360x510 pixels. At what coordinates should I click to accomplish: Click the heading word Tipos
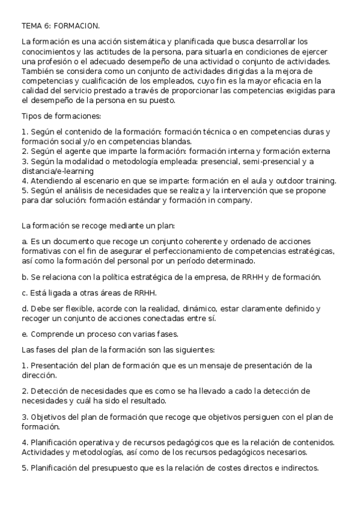[x=31, y=115]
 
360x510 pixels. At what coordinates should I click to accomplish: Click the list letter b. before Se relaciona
[x=25, y=277]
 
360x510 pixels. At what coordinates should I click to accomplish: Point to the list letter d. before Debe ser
[x=25, y=308]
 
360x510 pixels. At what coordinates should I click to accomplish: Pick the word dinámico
[x=199, y=308]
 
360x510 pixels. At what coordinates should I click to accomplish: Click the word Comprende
[x=52, y=334]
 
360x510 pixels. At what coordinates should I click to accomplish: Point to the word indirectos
[x=299, y=468]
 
